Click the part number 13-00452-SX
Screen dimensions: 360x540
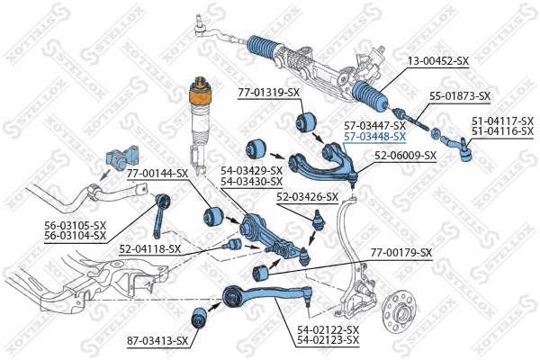tap(438, 61)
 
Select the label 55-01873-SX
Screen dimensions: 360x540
tap(459, 95)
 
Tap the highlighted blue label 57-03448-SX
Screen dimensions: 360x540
tap(373, 138)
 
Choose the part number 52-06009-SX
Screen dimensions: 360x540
tap(405, 155)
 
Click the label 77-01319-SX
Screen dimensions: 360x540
tap(268, 93)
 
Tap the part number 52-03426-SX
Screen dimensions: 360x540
tap(307, 196)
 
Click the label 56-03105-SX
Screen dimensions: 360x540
tap(75, 225)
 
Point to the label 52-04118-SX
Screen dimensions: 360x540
tap(149, 248)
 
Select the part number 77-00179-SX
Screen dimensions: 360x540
tap(400, 253)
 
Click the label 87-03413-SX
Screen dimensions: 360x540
tap(157, 340)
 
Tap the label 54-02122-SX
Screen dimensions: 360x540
tap(328, 330)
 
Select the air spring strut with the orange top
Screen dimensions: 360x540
tap(195, 121)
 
